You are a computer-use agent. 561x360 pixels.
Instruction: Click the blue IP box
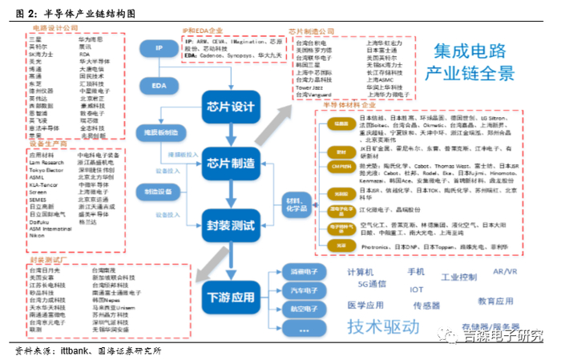tap(159, 49)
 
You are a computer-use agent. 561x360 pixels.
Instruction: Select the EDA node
tap(159, 84)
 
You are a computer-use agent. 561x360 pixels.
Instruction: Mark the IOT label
tap(416, 289)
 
